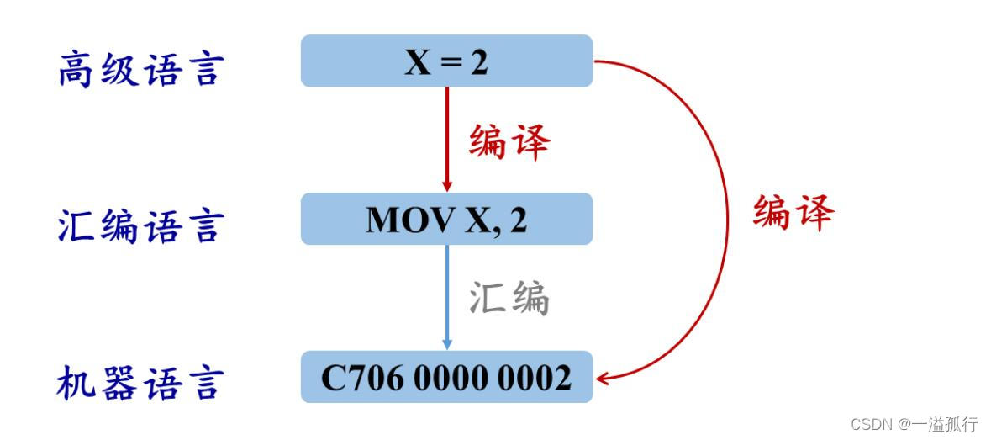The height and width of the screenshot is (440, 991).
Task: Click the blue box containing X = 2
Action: [x=446, y=61]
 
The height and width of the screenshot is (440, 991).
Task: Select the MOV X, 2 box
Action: [x=446, y=219]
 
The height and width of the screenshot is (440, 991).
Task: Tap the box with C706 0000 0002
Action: [x=446, y=377]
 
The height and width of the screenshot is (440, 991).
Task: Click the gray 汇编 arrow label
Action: [x=509, y=298]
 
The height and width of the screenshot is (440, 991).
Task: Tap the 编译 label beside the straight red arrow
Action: [x=509, y=141]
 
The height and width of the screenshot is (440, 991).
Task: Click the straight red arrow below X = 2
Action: [x=446, y=139]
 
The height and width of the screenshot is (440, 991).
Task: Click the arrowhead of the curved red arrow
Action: [x=602, y=378]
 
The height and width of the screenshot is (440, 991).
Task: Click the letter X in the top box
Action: [x=418, y=61]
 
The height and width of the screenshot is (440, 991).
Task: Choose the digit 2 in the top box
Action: [x=478, y=61]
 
